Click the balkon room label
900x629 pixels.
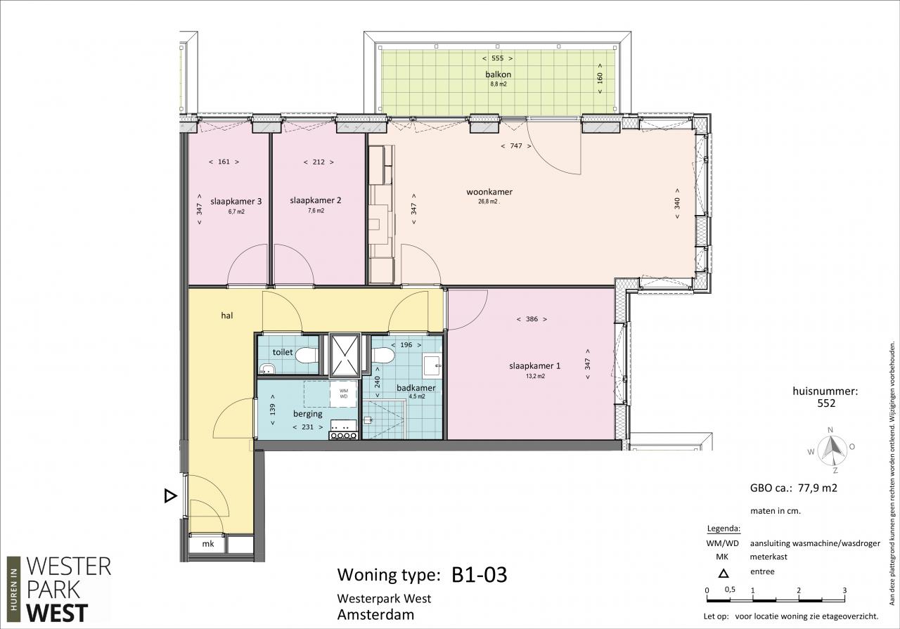499,74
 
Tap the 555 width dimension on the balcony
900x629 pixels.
497,58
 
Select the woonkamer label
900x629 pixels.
489,192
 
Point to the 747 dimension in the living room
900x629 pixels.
516,145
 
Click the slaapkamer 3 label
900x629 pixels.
236,201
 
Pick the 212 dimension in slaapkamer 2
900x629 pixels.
319,162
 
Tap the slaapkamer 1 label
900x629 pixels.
535,366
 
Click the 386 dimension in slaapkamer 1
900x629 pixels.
532,319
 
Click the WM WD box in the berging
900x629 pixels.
344,394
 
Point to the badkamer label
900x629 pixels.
416,388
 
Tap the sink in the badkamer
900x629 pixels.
432,365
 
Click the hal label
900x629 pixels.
227,316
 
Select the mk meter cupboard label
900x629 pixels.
208,544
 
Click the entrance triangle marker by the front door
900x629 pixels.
170,496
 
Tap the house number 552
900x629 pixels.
826,403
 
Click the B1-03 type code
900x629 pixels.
480,575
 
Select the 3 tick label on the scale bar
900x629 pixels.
844,590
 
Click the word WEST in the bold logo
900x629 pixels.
57,614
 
